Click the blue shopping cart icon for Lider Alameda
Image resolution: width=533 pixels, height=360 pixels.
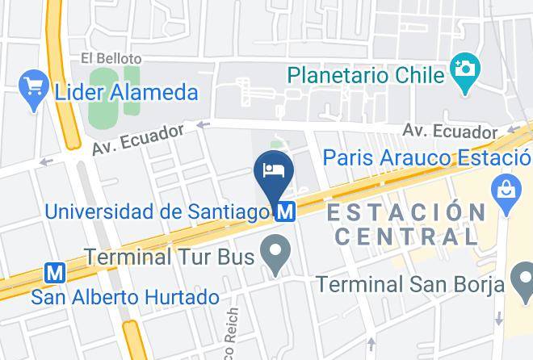[x=34, y=89]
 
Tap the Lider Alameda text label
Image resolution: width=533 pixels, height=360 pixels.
[x=126, y=92]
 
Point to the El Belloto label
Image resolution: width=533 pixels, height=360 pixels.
[x=111, y=59]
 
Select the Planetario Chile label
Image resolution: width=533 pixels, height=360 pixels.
[x=366, y=75]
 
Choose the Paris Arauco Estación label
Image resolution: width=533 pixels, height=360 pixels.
[x=427, y=157]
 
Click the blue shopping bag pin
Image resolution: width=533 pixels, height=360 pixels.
[x=507, y=195]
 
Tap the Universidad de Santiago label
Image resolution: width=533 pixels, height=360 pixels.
[x=157, y=212]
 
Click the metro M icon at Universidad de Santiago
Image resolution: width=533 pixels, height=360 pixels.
[x=283, y=212]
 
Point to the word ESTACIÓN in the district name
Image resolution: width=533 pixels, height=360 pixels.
[x=406, y=213]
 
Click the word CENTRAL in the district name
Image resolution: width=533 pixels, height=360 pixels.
[x=407, y=237]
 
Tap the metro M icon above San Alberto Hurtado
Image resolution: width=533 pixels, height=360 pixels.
[x=55, y=274]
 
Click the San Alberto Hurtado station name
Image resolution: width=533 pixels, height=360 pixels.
[x=125, y=297]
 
